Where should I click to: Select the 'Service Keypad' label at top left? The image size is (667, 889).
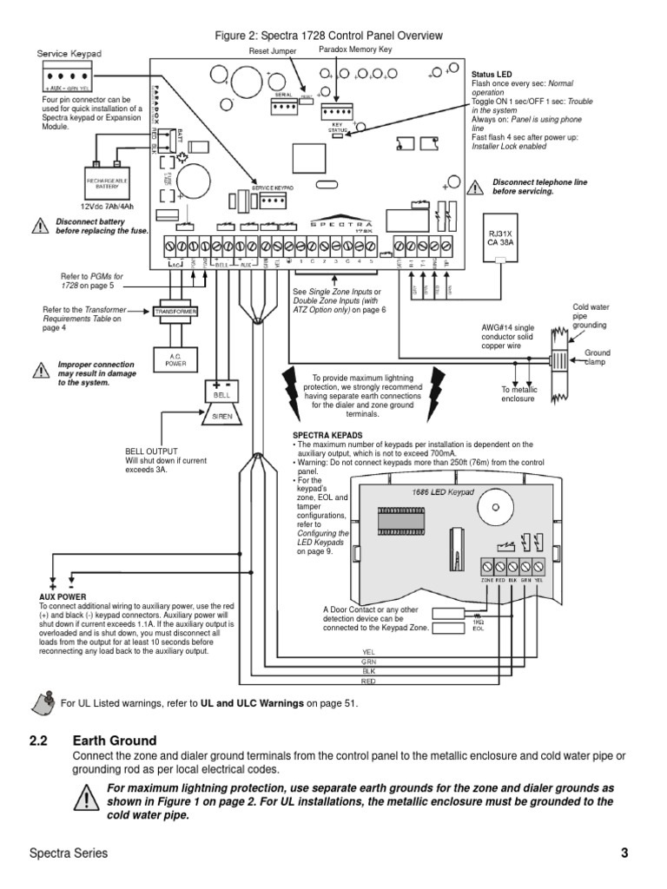click(69, 54)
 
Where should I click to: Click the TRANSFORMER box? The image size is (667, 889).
click(176, 311)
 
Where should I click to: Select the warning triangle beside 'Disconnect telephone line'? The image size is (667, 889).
click(475, 187)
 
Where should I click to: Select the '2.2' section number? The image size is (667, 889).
click(39, 741)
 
